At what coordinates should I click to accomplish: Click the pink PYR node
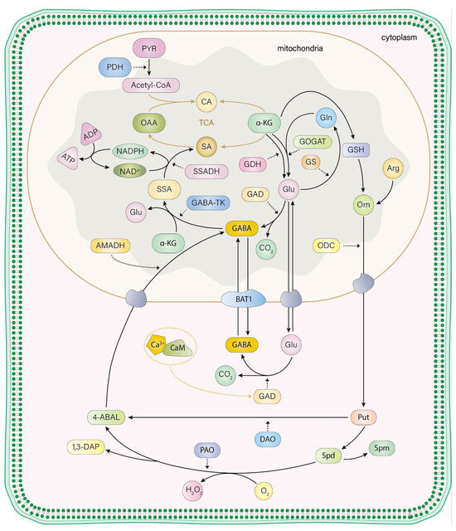pos(150,50)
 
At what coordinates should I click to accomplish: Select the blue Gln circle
pos(327,120)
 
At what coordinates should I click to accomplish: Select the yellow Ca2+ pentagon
pos(156,345)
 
